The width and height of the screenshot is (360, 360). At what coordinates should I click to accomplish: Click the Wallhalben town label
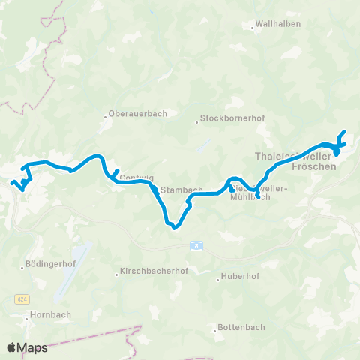click(x=280, y=23)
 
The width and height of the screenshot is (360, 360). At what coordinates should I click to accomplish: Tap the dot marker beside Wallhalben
click(x=252, y=28)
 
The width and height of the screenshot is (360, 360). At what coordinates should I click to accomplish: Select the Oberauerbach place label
click(x=139, y=114)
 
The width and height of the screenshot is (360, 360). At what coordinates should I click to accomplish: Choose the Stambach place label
click(x=182, y=190)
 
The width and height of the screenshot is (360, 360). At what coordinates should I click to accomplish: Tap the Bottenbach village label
click(x=241, y=327)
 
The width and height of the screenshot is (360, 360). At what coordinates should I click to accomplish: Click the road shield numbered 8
click(x=196, y=244)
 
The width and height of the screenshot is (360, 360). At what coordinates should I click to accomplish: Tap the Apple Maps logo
click(x=27, y=347)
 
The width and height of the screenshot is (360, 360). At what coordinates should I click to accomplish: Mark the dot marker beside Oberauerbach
click(x=106, y=116)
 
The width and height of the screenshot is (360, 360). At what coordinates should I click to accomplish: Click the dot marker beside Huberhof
click(x=217, y=280)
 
